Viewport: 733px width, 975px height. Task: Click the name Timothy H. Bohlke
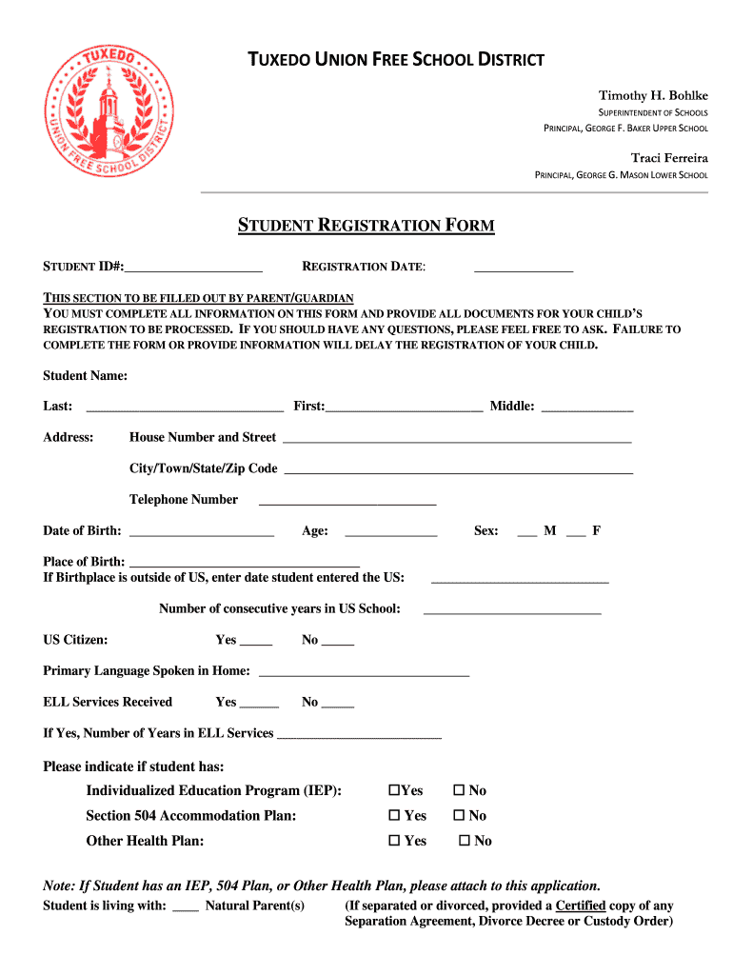(652, 96)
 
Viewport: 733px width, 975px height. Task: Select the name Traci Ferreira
(669, 157)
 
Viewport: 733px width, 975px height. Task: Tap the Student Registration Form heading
(366, 226)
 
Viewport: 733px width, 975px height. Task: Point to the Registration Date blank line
(524, 271)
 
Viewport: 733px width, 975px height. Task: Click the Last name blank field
(185, 409)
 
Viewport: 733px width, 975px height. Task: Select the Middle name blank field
(586, 409)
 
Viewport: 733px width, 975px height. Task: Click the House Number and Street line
(457, 441)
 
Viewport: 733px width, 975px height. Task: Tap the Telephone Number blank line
(347, 503)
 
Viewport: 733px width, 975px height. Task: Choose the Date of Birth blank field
(201, 534)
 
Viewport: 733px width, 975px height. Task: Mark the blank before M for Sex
(526, 534)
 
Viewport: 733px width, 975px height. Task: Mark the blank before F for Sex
(575, 534)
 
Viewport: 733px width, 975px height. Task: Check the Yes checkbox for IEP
(393, 790)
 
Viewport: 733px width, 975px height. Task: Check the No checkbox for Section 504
(458, 816)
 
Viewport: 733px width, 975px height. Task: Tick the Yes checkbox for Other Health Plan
(393, 841)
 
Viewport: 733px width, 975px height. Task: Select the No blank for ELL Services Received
(338, 706)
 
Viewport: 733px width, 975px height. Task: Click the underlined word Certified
(581, 905)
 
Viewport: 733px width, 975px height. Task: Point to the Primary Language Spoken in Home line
(364, 674)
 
